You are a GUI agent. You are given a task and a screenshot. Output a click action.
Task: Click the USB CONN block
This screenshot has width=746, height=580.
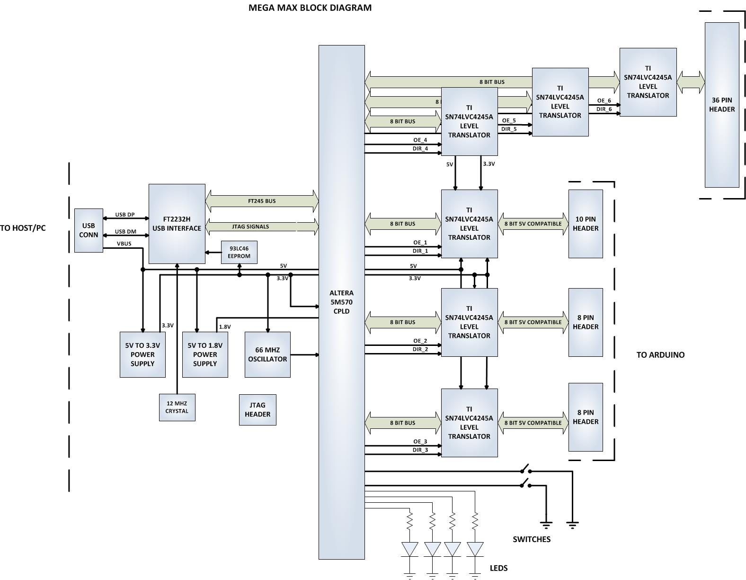pyautogui.click(x=89, y=230)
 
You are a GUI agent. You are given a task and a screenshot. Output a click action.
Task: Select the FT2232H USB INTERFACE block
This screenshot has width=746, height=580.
pyautogui.click(x=177, y=224)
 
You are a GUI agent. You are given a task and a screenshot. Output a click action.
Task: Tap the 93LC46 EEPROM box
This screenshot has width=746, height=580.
pyautogui.click(x=239, y=252)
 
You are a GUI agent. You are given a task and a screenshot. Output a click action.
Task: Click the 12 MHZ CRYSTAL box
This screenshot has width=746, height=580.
pyautogui.click(x=177, y=407)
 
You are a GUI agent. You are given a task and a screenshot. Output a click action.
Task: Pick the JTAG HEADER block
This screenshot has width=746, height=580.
pyautogui.click(x=258, y=409)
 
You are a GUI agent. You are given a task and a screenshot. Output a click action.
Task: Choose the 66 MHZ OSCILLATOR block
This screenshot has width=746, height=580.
pyautogui.click(x=267, y=354)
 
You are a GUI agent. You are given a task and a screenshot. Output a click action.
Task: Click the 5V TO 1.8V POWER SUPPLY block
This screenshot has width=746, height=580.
pyautogui.click(x=205, y=354)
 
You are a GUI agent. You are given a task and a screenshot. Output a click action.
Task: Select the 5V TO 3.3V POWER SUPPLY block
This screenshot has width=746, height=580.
pyautogui.click(x=142, y=354)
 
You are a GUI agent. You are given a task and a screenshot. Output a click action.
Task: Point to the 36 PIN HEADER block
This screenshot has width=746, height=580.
pyautogui.click(x=722, y=105)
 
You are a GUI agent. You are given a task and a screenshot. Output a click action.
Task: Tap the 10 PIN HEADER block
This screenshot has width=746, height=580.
pyautogui.click(x=586, y=224)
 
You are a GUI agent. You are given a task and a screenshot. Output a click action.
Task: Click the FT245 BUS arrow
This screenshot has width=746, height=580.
pyautogui.click(x=262, y=201)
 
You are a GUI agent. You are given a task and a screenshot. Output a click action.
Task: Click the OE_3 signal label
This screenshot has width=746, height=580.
pyautogui.click(x=420, y=442)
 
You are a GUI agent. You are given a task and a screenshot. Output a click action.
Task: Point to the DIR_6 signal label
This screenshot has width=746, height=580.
pyautogui.click(x=604, y=109)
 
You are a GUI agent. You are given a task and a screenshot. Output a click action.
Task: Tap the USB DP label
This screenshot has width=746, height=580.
pyautogui.click(x=125, y=215)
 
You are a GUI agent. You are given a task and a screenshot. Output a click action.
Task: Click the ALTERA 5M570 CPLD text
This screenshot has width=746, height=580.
pyautogui.click(x=341, y=302)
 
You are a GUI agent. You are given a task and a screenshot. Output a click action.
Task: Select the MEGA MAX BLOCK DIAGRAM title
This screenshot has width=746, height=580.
pyautogui.click(x=310, y=8)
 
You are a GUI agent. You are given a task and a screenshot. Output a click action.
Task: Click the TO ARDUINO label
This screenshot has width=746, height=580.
pyautogui.click(x=660, y=354)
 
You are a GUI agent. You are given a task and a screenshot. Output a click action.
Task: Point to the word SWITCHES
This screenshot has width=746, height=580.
pyautogui.click(x=532, y=539)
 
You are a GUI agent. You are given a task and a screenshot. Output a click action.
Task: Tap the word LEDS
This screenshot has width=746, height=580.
pyautogui.click(x=498, y=568)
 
